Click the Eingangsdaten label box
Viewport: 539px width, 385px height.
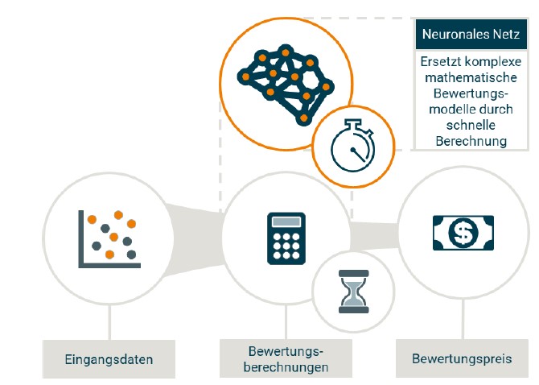tap(109, 358)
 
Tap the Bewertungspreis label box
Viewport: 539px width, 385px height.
tap(461, 358)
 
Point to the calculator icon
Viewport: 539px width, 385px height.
tap(286, 238)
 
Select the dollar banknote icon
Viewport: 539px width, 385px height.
tap(463, 234)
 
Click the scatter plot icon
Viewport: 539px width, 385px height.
tap(108, 238)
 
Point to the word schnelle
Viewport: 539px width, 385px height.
tap(470, 126)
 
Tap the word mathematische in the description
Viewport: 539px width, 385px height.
tap(470, 79)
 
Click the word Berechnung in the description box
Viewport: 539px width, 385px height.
tap(471, 141)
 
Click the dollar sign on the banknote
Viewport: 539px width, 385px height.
tap(463, 234)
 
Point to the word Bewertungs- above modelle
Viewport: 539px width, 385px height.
tap(471, 94)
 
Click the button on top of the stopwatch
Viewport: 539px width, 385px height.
tap(352, 122)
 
